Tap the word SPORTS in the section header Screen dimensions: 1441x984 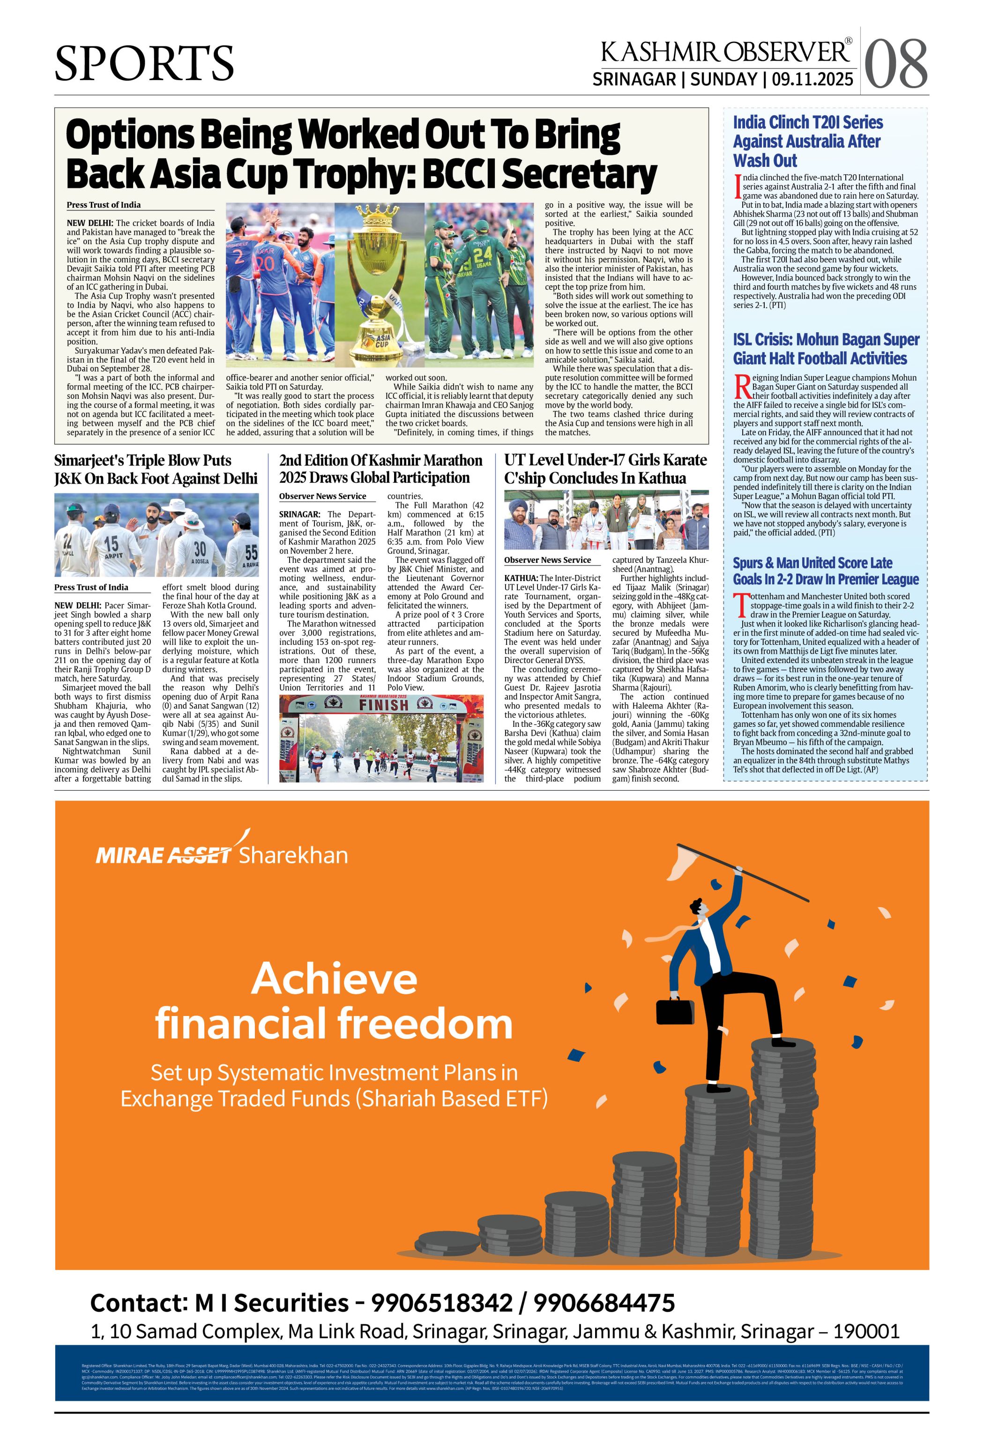click(144, 63)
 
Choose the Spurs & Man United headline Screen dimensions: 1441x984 click(825, 570)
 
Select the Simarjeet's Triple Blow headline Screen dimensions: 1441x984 click(155, 470)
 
